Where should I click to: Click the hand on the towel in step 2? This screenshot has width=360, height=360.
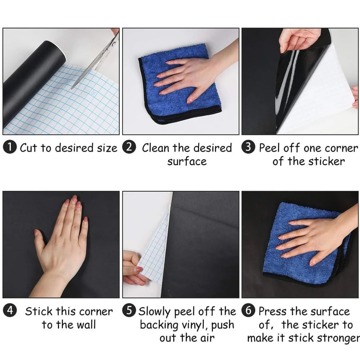189,76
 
